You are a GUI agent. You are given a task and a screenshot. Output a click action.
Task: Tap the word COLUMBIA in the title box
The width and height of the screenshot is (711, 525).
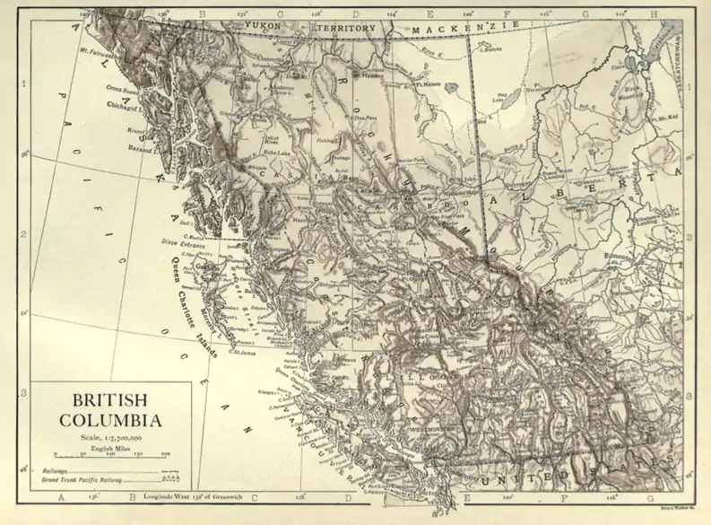pyautogui.click(x=110, y=419)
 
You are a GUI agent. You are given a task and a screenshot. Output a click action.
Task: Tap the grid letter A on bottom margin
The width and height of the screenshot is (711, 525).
pyautogui.click(x=61, y=495)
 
